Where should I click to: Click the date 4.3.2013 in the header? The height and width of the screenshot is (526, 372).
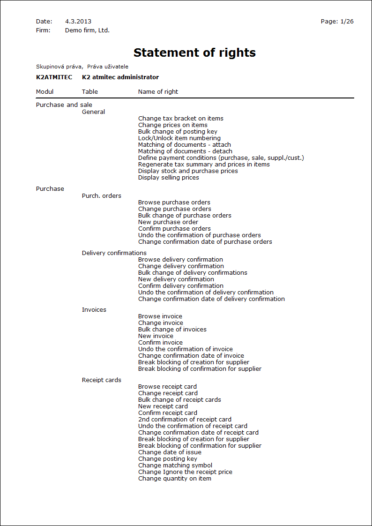(x=78, y=22)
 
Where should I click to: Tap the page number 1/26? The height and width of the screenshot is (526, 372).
(x=347, y=22)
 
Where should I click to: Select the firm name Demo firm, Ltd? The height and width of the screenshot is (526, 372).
(x=87, y=30)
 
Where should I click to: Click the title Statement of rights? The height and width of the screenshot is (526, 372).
(x=194, y=53)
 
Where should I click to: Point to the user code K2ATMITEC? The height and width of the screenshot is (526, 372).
(x=54, y=77)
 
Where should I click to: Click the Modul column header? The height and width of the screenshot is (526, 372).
(x=45, y=92)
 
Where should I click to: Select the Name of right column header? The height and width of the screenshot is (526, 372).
(x=158, y=92)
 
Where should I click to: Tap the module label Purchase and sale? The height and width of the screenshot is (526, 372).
(x=64, y=105)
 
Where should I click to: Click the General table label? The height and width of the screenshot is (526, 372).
(x=93, y=112)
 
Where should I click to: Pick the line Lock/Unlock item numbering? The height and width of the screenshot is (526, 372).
(x=179, y=138)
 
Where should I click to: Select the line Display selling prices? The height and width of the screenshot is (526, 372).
(x=169, y=178)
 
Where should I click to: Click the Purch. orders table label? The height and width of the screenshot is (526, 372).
(x=102, y=196)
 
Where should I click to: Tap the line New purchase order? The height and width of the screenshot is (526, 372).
(x=168, y=222)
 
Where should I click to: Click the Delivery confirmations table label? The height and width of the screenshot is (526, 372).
(x=114, y=253)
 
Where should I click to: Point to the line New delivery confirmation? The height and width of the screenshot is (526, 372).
(x=176, y=279)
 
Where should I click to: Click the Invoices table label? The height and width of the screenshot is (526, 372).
(x=94, y=310)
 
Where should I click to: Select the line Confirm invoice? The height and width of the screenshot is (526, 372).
(x=160, y=343)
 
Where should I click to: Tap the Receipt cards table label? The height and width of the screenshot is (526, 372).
(x=101, y=380)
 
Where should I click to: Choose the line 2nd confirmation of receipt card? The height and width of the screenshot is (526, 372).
(x=185, y=420)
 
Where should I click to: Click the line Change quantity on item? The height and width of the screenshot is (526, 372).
(x=175, y=479)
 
